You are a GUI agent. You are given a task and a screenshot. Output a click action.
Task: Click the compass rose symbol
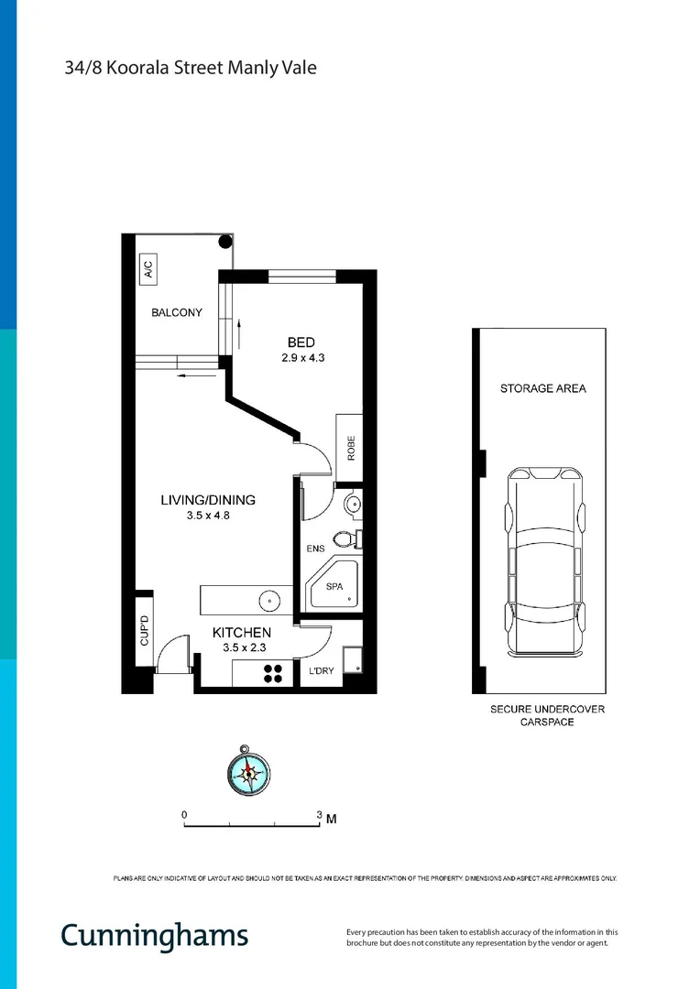click(248, 771)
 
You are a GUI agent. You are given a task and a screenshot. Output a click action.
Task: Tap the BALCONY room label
click(177, 313)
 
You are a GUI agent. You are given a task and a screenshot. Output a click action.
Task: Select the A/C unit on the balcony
click(147, 269)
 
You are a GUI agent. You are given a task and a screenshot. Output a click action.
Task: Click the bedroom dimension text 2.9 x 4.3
click(303, 359)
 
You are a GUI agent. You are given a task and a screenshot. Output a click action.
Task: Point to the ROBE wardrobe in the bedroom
click(350, 449)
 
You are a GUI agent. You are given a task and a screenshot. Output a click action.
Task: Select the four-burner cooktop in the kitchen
click(274, 674)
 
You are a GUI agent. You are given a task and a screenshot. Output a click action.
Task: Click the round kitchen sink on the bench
click(269, 602)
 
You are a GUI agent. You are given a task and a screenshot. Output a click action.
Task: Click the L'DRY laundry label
click(322, 671)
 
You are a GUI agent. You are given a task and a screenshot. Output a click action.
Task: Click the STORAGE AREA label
click(543, 388)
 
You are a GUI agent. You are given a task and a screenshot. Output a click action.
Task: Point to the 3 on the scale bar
click(319, 814)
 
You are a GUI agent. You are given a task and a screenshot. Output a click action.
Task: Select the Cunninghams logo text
click(154, 935)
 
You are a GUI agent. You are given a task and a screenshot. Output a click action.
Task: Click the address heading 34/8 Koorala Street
click(191, 67)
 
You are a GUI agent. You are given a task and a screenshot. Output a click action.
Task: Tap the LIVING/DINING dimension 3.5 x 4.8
click(208, 516)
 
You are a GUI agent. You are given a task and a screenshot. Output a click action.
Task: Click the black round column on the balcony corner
click(224, 243)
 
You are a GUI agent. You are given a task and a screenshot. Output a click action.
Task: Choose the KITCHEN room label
click(242, 633)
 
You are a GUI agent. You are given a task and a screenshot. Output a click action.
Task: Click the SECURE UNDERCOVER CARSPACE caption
click(546, 715)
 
